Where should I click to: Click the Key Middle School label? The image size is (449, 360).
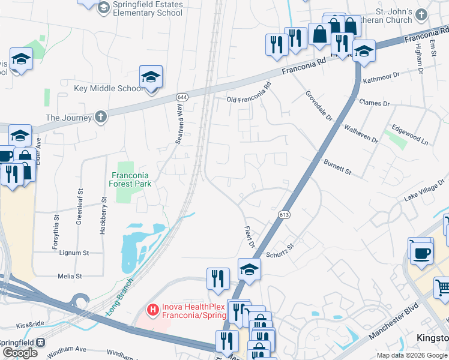[108, 89]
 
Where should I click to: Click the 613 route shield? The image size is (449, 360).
[284, 214]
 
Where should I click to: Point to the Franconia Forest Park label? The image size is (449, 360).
[131, 180]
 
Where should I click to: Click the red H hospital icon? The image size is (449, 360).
[153, 310]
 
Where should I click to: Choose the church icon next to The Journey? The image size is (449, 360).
[101, 117]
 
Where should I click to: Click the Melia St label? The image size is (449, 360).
[70, 276]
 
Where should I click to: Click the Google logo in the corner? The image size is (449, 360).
[20, 353]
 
